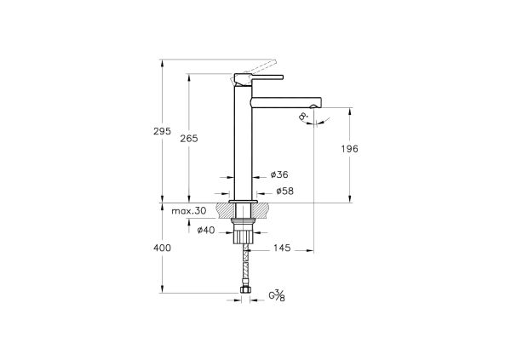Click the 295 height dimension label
(162, 132)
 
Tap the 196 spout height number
(349, 149)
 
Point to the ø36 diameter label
(279, 174)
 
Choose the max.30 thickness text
(189, 210)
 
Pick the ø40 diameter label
(205, 230)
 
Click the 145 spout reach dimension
(282, 249)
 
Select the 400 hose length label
(162, 248)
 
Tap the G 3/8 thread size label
(278, 296)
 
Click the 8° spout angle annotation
(304, 120)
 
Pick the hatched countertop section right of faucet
(265, 210)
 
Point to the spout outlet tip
(315, 106)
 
